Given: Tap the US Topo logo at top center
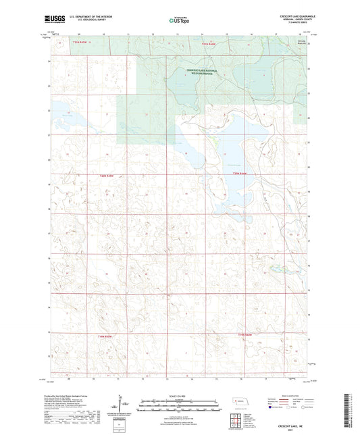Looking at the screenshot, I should (x=178, y=20).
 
